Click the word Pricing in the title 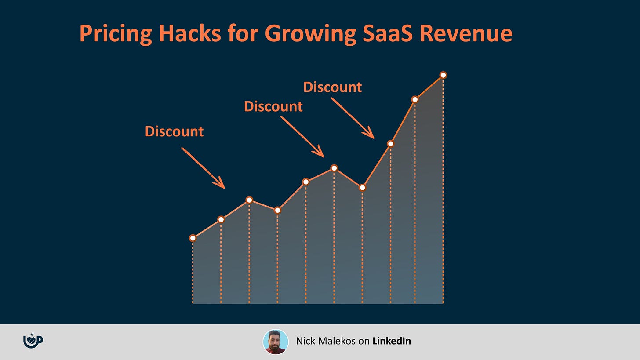(x=116, y=34)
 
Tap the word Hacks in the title (x=189, y=33)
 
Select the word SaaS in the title (x=388, y=33)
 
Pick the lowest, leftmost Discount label (x=174, y=131)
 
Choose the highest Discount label (x=333, y=87)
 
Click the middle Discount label (x=273, y=106)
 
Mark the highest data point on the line (x=443, y=75)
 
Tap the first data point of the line (x=193, y=238)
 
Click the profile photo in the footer (x=276, y=342)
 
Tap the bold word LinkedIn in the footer (x=392, y=341)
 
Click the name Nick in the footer (x=306, y=341)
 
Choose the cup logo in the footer (x=33, y=340)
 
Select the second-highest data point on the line (x=415, y=99)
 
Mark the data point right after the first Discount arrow (x=249, y=200)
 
